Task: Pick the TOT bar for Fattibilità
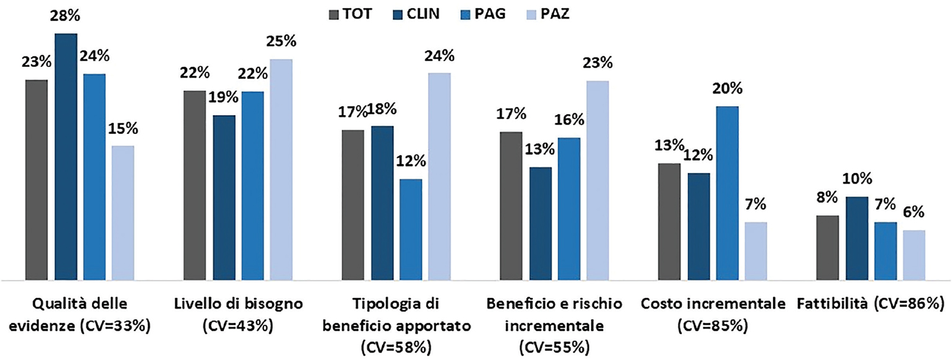(x=827, y=248)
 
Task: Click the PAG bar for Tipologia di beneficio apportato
(x=411, y=230)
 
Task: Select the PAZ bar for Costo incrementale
(x=756, y=251)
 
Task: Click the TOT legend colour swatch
(x=335, y=12)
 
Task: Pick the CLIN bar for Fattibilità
(x=857, y=239)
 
